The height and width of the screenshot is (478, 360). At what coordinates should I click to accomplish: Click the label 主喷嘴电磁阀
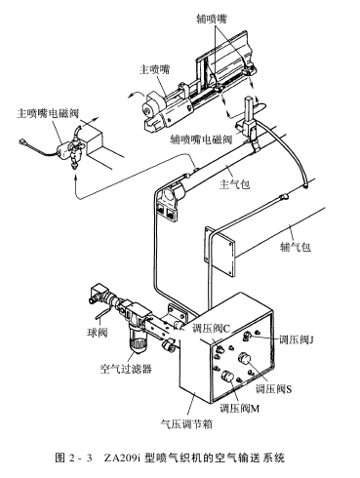coord(48,114)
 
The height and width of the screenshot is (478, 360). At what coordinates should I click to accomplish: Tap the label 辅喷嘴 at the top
coord(212,19)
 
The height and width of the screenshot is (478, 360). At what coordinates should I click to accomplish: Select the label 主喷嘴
coord(155,69)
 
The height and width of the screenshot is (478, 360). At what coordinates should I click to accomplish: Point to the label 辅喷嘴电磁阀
coord(202,139)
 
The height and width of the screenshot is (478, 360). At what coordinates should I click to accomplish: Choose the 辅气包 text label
coord(296,247)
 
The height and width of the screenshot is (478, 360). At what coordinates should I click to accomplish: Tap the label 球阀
coord(98,333)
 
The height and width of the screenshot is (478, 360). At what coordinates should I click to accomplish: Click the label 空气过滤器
coord(126,369)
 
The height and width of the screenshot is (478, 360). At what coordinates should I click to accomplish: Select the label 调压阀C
coord(211,329)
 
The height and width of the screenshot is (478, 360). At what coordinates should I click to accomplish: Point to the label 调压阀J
coord(296,340)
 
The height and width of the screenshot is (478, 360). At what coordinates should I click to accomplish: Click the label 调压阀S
coord(273,389)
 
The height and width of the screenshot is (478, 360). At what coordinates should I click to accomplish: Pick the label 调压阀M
coord(239,408)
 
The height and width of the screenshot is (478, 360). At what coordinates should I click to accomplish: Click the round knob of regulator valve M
coord(227,377)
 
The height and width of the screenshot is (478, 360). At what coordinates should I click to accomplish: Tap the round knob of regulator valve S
coord(245,359)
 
